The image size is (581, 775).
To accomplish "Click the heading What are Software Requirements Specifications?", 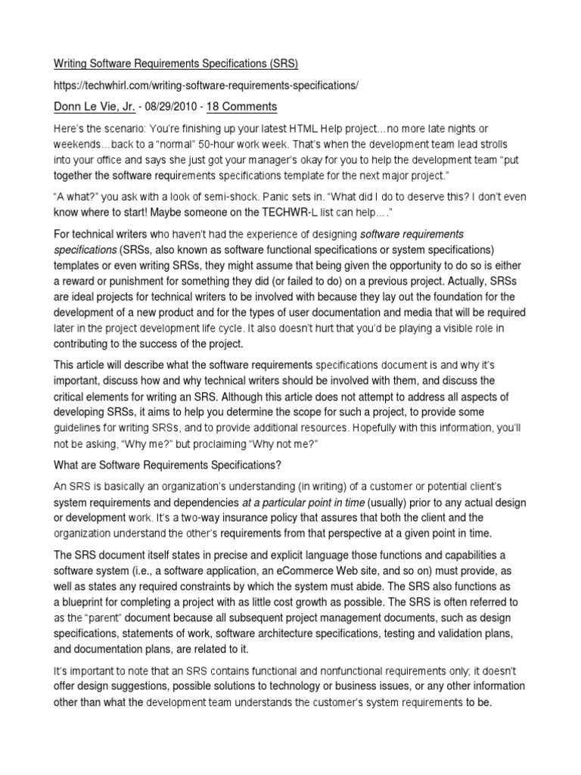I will [176, 463].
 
